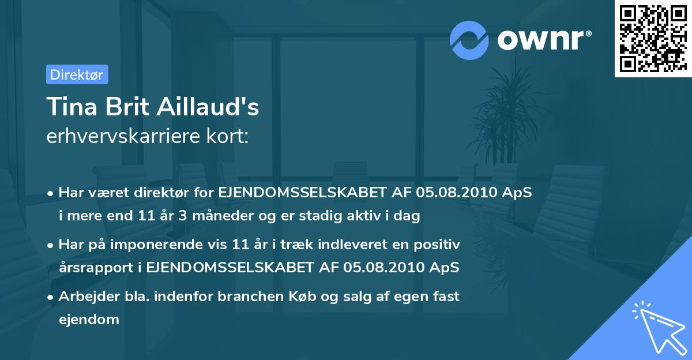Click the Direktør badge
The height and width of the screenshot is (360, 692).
tap(77, 74)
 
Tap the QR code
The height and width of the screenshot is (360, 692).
tap(653, 38)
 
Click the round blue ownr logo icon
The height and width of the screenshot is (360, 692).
tap(469, 40)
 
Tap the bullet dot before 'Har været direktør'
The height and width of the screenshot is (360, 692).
tap(51, 193)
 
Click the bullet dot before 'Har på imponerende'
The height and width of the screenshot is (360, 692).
tap(51, 245)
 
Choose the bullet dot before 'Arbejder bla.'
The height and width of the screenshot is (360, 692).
tap(51, 297)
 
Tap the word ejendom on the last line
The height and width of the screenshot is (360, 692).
tap(89, 320)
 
